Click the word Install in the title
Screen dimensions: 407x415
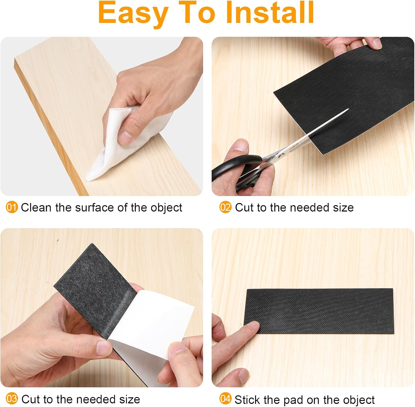point(270,13)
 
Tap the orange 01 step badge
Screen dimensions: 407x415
point(12,207)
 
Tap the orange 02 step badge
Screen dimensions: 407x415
point(225,207)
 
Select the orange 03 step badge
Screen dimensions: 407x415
point(12,399)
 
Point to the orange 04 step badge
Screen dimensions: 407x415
point(225,399)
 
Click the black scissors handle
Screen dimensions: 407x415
point(235,169)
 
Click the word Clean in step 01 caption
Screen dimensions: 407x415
point(37,207)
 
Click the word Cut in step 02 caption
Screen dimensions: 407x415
point(244,207)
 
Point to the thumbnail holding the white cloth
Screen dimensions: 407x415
point(125,136)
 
